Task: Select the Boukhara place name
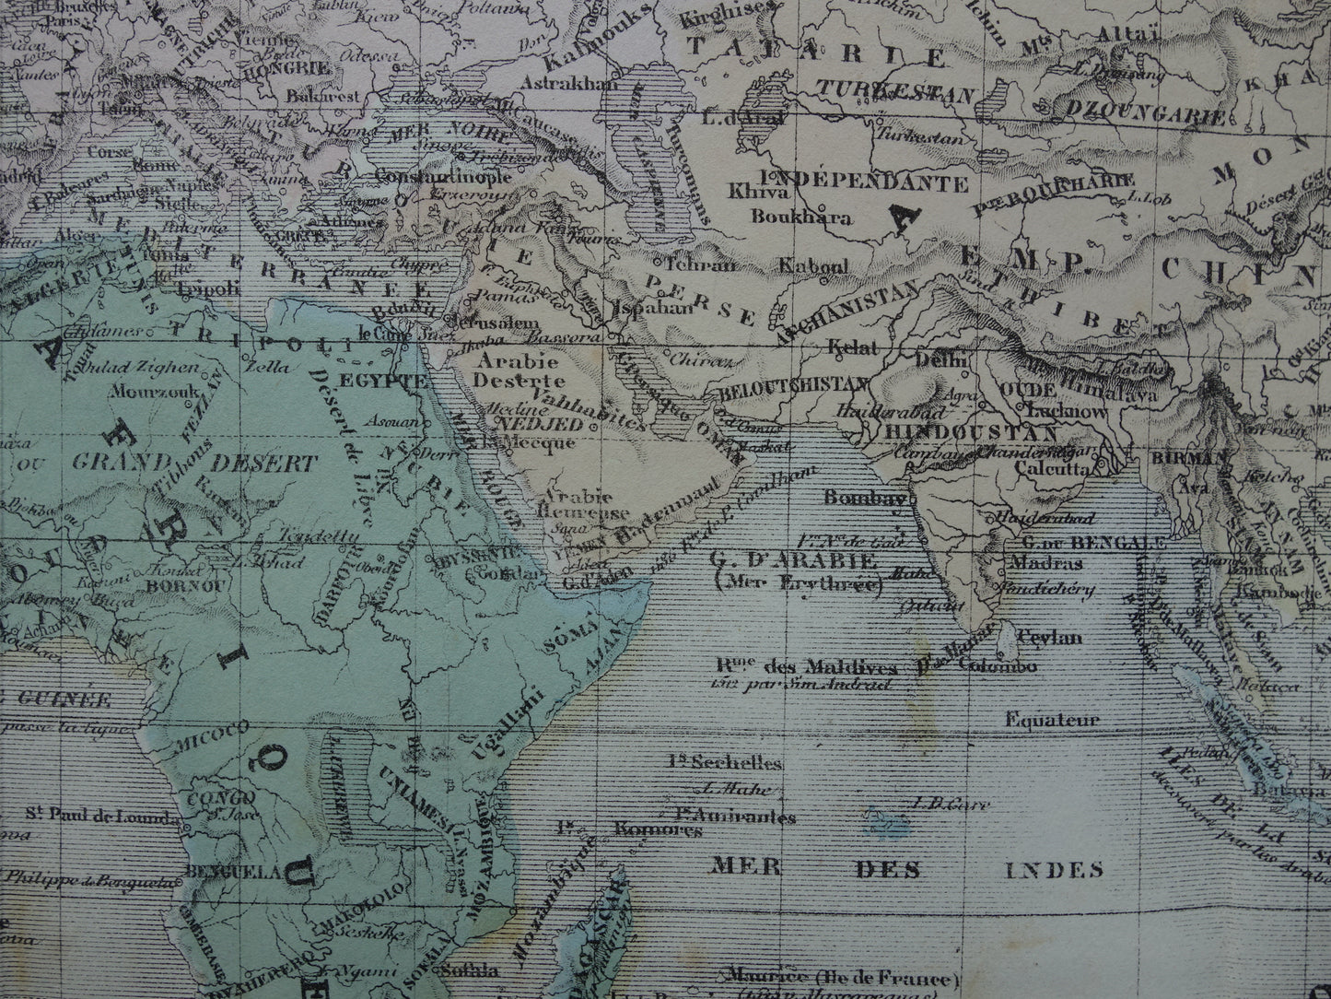pos(800,217)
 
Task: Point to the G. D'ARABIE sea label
pos(791,559)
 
